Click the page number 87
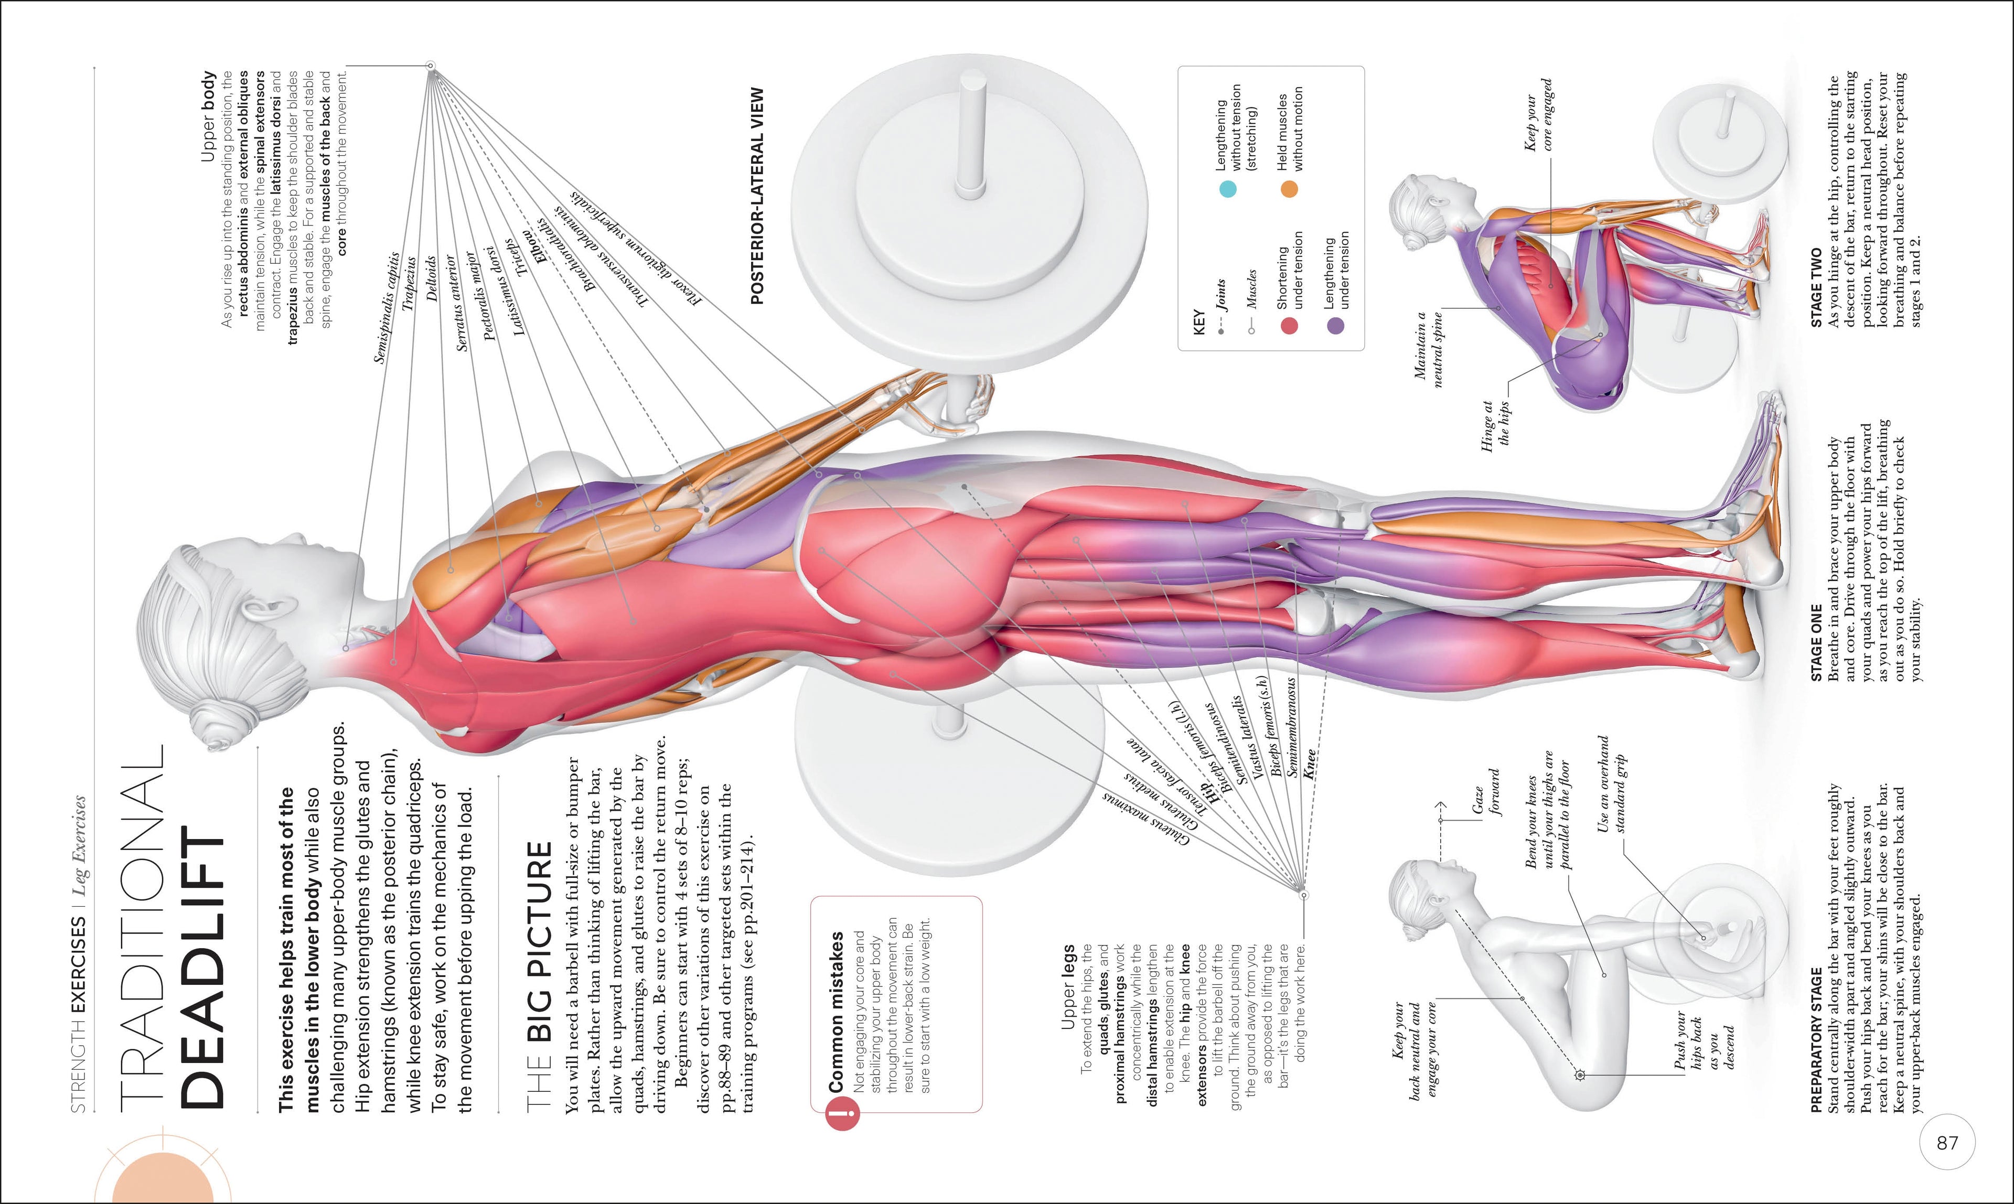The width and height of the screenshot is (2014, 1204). pos(1947,1142)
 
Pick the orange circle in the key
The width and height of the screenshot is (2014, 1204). pos(1289,189)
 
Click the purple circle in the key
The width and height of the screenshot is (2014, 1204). pos(1335,325)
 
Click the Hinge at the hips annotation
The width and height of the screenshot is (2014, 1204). pos(1497,422)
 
